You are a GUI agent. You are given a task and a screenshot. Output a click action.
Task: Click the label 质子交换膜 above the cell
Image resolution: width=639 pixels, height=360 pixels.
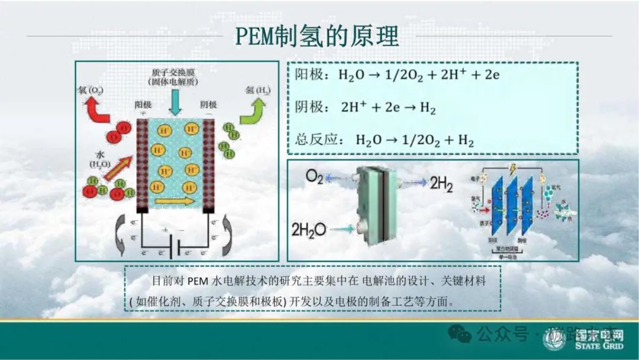point(175,71)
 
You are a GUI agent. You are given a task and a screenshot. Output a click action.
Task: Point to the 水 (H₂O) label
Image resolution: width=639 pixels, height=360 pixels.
point(98,159)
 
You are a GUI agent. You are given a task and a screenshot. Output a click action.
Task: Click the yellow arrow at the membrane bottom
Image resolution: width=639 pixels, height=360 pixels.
point(174,201)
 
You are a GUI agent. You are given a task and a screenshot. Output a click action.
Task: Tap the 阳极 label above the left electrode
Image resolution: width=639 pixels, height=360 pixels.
point(143,105)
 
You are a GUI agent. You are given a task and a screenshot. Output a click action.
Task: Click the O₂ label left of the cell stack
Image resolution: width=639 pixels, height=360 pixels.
point(314,176)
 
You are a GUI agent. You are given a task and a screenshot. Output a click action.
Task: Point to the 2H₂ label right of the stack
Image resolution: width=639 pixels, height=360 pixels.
point(441,184)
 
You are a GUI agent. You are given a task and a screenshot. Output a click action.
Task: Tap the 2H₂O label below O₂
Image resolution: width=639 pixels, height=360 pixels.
point(308,229)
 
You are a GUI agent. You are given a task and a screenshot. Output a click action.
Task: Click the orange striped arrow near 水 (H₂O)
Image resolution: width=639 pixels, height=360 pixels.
point(117,167)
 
